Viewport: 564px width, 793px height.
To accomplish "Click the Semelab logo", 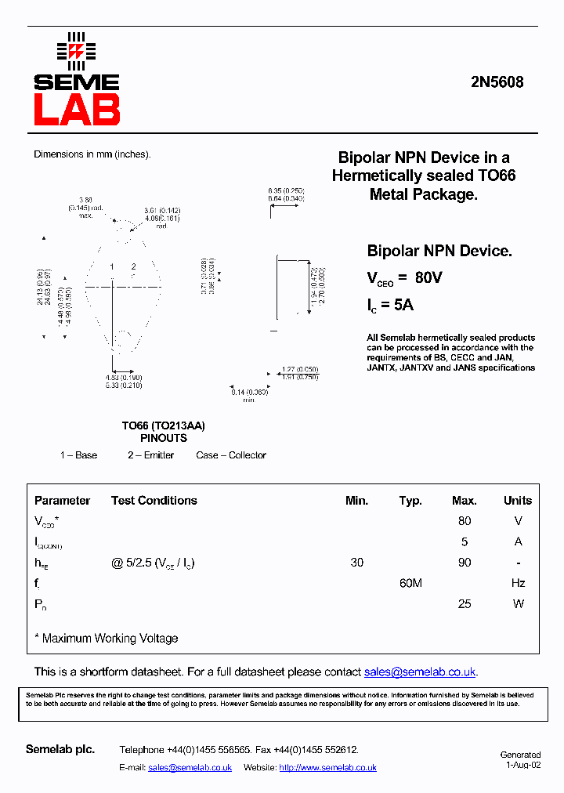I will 76,79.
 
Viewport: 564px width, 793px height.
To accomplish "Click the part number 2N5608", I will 497,82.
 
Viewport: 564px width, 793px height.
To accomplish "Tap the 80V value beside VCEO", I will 428,277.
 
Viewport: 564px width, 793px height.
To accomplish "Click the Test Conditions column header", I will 154,501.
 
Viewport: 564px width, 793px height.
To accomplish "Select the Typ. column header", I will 410,501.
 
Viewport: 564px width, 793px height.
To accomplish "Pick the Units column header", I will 517,501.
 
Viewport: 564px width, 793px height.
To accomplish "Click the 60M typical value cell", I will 410,583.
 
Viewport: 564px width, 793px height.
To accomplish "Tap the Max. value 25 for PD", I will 465,603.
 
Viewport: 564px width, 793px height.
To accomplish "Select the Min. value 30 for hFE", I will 357,563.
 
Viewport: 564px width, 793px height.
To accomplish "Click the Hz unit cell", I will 517,583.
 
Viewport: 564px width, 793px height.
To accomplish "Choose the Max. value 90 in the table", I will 465,563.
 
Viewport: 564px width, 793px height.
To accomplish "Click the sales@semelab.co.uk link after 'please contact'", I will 420,672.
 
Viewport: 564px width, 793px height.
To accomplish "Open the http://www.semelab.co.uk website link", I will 327,768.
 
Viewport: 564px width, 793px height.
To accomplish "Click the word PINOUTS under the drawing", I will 163,439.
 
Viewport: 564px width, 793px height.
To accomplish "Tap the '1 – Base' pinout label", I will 78,455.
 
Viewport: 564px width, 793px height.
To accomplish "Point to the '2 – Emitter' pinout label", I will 151,455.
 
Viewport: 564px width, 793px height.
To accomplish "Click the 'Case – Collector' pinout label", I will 231,455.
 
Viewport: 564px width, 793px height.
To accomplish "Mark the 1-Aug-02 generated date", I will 522,765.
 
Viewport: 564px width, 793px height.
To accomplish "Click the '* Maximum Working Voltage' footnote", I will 107,639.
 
